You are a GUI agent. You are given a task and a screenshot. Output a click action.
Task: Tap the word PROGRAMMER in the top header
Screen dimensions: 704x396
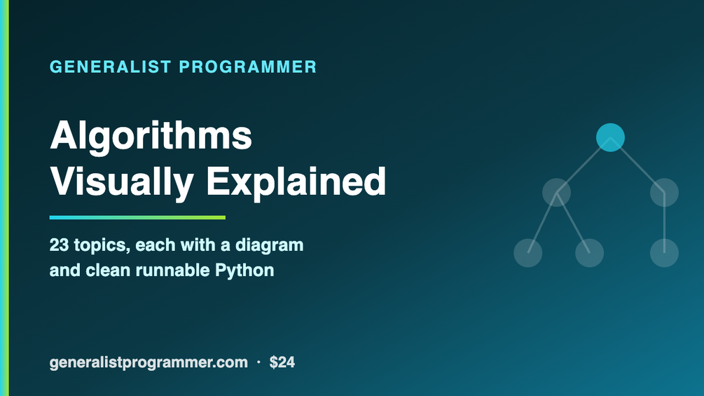pyautogui.click(x=248, y=67)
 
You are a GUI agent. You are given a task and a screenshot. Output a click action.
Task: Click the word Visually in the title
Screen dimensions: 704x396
pyautogui.click(x=122, y=183)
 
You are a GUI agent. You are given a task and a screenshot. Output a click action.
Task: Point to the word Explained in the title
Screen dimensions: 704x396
pyautogui.click(x=296, y=183)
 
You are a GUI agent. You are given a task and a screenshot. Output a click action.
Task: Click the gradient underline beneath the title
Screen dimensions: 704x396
pyautogui.click(x=137, y=218)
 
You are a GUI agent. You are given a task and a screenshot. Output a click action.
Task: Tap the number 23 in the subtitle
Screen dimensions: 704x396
pyautogui.click(x=59, y=245)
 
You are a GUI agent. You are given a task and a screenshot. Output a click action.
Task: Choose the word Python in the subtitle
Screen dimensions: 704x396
pyautogui.click(x=244, y=271)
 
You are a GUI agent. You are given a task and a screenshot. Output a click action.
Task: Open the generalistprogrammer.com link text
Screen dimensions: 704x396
pyautogui.click(x=149, y=363)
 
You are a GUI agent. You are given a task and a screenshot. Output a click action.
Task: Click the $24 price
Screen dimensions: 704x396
pyautogui.click(x=282, y=362)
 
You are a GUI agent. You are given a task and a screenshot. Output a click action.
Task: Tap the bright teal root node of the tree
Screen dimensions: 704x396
pyautogui.click(x=610, y=137)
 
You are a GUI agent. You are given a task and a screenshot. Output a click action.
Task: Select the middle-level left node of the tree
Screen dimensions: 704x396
pyautogui.click(x=556, y=193)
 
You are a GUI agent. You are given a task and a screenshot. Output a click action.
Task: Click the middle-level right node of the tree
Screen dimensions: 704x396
pyautogui.click(x=664, y=193)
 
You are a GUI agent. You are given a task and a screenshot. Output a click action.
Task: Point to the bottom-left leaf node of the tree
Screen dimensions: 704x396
pyautogui.click(x=528, y=253)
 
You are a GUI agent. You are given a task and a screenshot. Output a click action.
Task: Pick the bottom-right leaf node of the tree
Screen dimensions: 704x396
pyautogui.click(x=664, y=253)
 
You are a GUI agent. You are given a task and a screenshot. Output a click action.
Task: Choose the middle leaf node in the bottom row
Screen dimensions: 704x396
pyautogui.click(x=590, y=253)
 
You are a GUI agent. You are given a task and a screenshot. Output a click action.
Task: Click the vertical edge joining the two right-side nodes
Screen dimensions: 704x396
pyautogui.click(x=664, y=223)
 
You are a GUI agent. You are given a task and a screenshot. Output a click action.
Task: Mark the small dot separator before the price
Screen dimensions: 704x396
pyautogui.click(x=258, y=362)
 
